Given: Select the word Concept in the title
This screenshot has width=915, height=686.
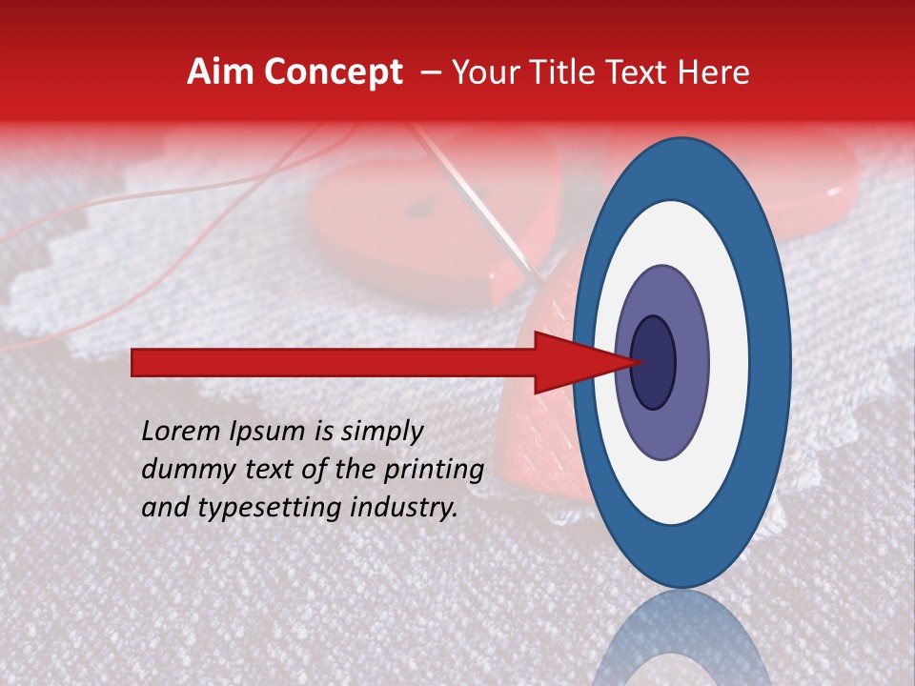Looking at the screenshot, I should tap(333, 73).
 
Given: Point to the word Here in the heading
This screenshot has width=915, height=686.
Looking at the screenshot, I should tap(714, 72).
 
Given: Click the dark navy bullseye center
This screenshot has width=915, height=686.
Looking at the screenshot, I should tap(653, 362).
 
